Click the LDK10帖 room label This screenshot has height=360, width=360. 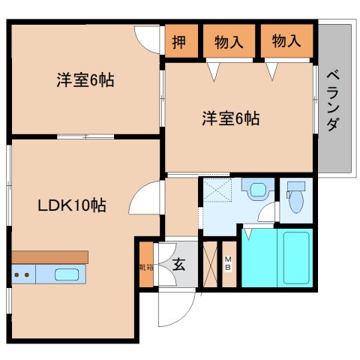pyautogui.click(x=72, y=205)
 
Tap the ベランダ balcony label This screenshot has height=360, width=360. pyautogui.click(x=334, y=100)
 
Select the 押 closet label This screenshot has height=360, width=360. pyautogui.click(x=179, y=42)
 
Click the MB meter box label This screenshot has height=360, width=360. pyautogui.click(x=228, y=264)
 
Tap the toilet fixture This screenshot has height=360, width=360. pyautogui.click(x=296, y=196)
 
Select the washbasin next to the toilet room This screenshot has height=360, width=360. pyautogui.click(x=258, y=188)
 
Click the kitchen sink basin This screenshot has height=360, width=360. pyautogui.click(x=67, y=274)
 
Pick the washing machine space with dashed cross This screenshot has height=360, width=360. pyautogui.click(x=217, y=189)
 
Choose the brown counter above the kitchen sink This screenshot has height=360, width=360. pyautogui.click(x=50, y=257)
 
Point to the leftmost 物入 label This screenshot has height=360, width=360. pyautogui.click(x=229, y=42)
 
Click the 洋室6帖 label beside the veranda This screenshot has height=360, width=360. pyautogui.click(x=231, y=118)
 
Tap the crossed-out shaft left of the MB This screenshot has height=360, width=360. pyautogui.click(x=210, y=264)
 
